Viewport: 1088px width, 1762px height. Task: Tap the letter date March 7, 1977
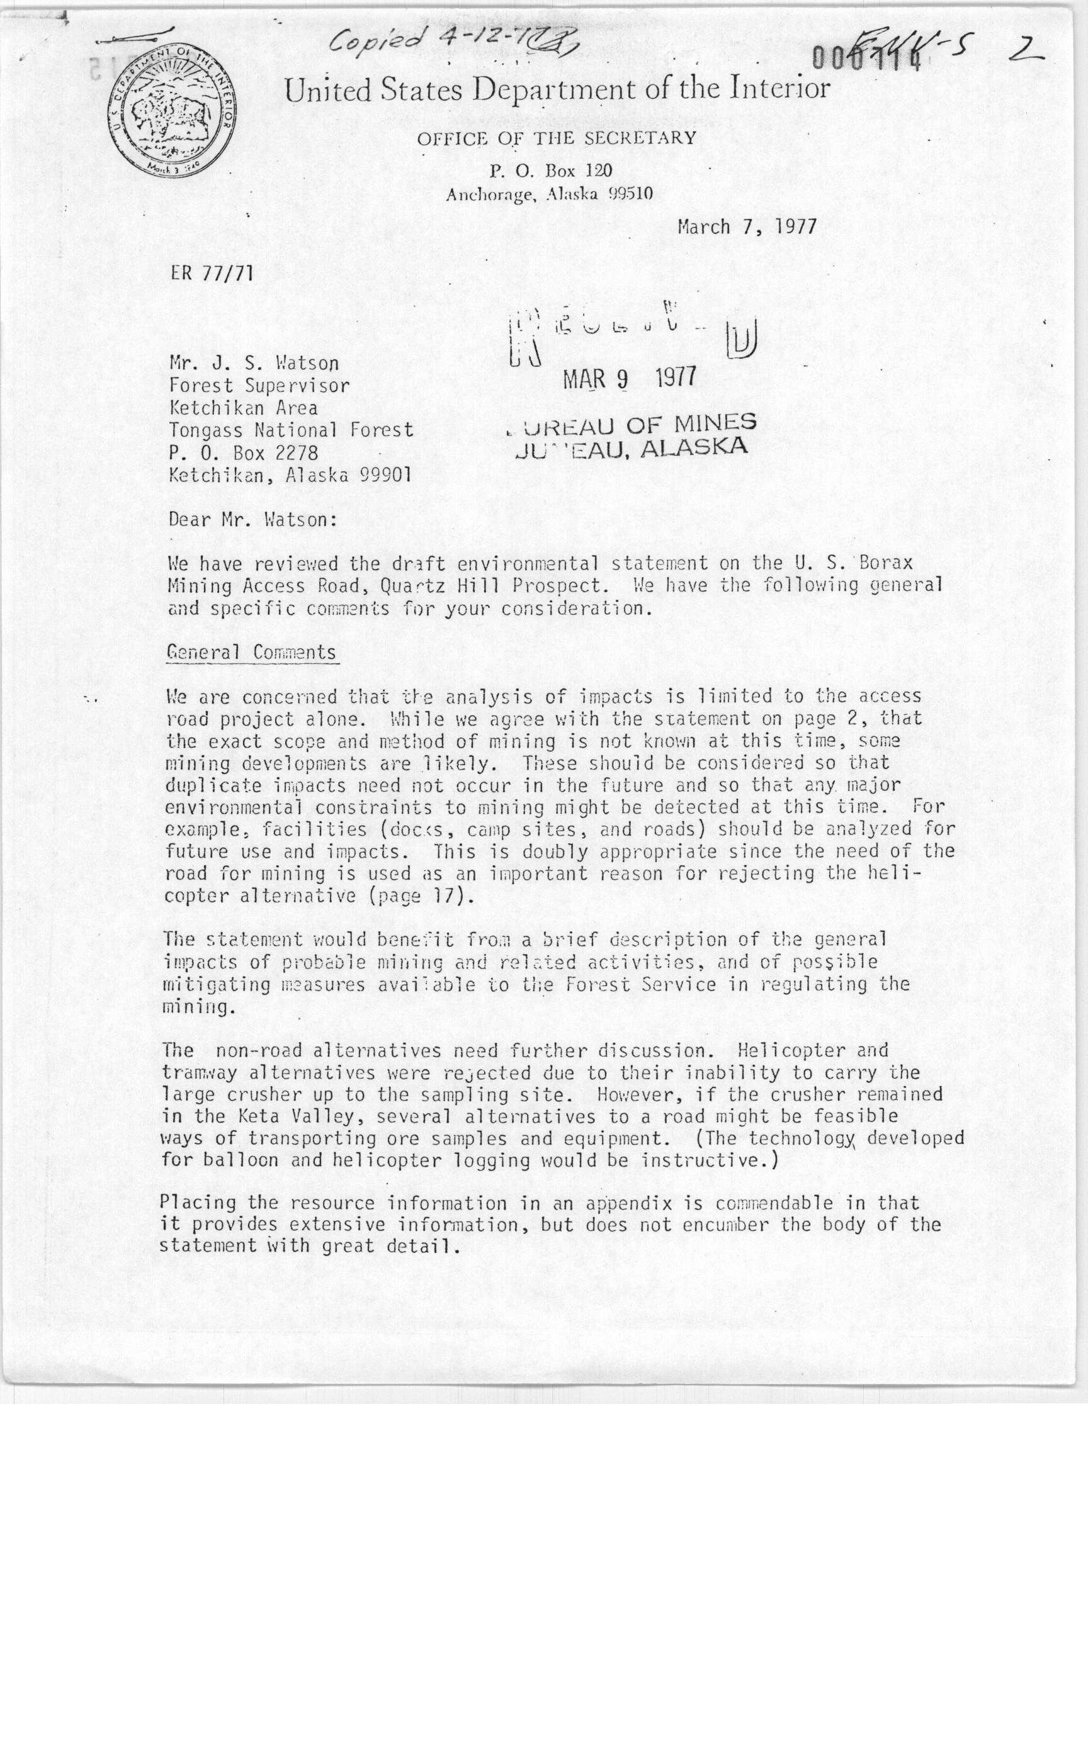click(747, 227)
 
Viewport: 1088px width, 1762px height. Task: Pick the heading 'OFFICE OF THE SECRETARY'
click(556, 138)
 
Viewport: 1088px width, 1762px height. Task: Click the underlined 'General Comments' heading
click(252, 653)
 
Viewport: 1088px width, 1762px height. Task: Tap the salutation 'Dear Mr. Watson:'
click(252, 519)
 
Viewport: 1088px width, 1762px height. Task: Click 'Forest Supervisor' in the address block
click(259, 386)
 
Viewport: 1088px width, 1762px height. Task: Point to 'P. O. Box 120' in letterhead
click(550, 171)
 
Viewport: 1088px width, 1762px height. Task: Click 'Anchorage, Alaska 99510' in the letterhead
click(549, 194)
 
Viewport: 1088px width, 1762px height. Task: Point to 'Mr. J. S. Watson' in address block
click(253, 363)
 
